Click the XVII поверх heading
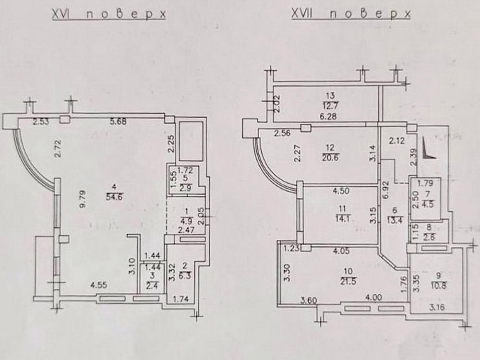tap(351, 13)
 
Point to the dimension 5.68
tap(118, 121)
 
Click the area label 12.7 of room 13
tap(331, 106)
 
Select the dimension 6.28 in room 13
tap(331, 117)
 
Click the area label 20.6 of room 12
tap(330, 158)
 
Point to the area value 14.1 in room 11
tap(343, 219)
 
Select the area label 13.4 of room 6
tap(395, 220)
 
